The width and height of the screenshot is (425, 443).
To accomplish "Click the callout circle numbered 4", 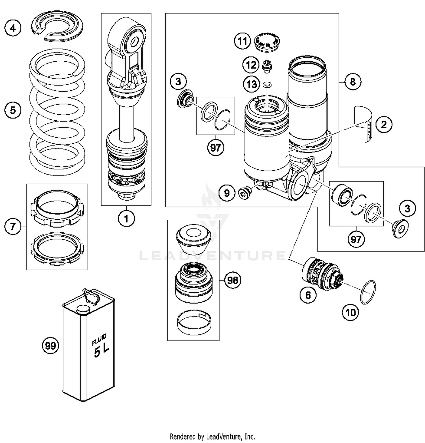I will point(13,28).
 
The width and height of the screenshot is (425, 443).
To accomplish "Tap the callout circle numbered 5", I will point(13,110).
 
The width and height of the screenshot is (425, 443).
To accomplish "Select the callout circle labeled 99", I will point(50,346).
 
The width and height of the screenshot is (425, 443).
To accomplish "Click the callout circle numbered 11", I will point(243,41).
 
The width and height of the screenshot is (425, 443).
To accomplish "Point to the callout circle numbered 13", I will point(251,84).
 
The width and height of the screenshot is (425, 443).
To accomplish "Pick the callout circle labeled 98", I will point(233,280).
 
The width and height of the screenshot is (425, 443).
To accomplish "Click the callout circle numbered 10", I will point(350,313).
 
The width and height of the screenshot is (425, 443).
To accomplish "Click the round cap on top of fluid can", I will point(83,310).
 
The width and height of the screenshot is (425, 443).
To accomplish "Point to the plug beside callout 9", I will point(244,193).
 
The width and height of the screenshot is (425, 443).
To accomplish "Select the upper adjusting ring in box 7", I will point(58,209).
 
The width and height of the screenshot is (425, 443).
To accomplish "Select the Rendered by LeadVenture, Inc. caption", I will point(212,436).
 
